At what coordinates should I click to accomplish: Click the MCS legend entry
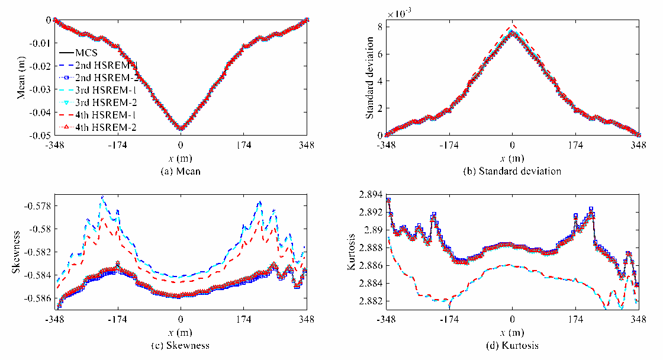(x=79, y=53)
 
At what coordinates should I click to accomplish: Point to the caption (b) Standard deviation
(x=512, y=171)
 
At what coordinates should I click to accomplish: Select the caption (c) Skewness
(x=181, y=346)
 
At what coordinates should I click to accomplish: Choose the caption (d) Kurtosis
(x=513, y=346)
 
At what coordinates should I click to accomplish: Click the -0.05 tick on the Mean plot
(x=40, y=136)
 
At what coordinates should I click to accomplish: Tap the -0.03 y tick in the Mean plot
(x=40, y=89)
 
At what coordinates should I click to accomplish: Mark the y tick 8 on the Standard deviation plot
(x=379, y=27)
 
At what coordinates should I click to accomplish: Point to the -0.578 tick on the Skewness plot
(x=38, y=206)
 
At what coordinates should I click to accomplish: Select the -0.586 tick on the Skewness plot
(x=38, y=298)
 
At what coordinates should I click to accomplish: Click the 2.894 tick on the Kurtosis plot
(x=371, y=195)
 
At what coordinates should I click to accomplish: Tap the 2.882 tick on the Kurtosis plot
(x=371, y=301)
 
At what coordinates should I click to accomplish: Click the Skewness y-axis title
(x=16, y=252)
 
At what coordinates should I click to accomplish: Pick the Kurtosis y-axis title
(x=351, y=252)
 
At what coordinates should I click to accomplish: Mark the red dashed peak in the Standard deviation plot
(x=513, y=25)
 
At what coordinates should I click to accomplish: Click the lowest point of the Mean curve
(x=181, y=128)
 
